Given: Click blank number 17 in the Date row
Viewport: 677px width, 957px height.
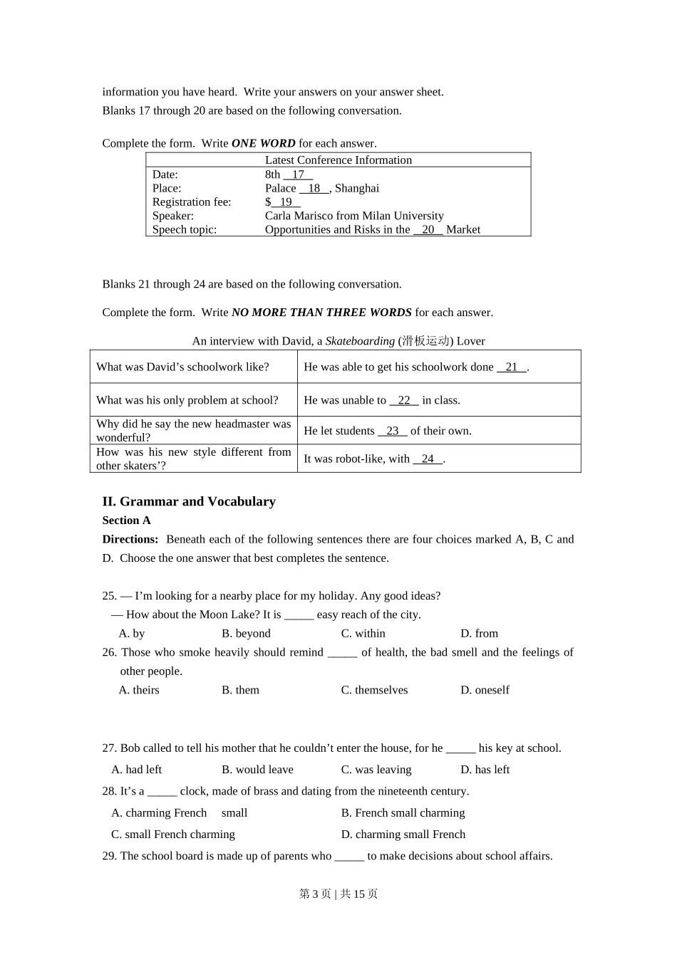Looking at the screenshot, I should [298, 174].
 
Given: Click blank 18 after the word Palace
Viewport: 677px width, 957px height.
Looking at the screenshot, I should [314, 188].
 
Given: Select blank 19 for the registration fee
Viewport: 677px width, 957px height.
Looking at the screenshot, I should [286, 202].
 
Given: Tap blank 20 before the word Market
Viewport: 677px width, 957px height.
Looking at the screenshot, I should [428, 230].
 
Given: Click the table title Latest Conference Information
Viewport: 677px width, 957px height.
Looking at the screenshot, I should [338, 160].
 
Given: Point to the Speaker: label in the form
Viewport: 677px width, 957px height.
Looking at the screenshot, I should [172, 216].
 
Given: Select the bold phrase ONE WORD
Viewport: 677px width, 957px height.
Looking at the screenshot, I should [263, 143].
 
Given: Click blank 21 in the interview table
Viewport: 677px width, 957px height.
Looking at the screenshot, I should [511, 367].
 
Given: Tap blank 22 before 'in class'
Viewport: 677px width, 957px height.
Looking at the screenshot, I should [404, 400].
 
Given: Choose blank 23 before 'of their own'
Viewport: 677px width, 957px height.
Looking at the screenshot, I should [392, 431].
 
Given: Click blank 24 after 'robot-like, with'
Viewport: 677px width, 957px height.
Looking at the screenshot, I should [428, 459].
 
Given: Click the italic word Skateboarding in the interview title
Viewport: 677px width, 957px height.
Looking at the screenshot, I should [360, 341].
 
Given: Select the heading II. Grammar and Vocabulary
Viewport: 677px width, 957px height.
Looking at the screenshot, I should [189, 501].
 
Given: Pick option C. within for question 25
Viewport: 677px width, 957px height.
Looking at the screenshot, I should [363, 634].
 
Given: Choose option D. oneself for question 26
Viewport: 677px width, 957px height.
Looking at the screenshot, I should [485, 690].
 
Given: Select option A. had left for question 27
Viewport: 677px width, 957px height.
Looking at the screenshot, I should [136, 770].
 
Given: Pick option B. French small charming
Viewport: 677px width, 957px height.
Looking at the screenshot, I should [403, 813].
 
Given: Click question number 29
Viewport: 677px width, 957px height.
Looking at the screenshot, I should [109, 856].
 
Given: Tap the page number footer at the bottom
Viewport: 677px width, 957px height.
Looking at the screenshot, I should [338, 894].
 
